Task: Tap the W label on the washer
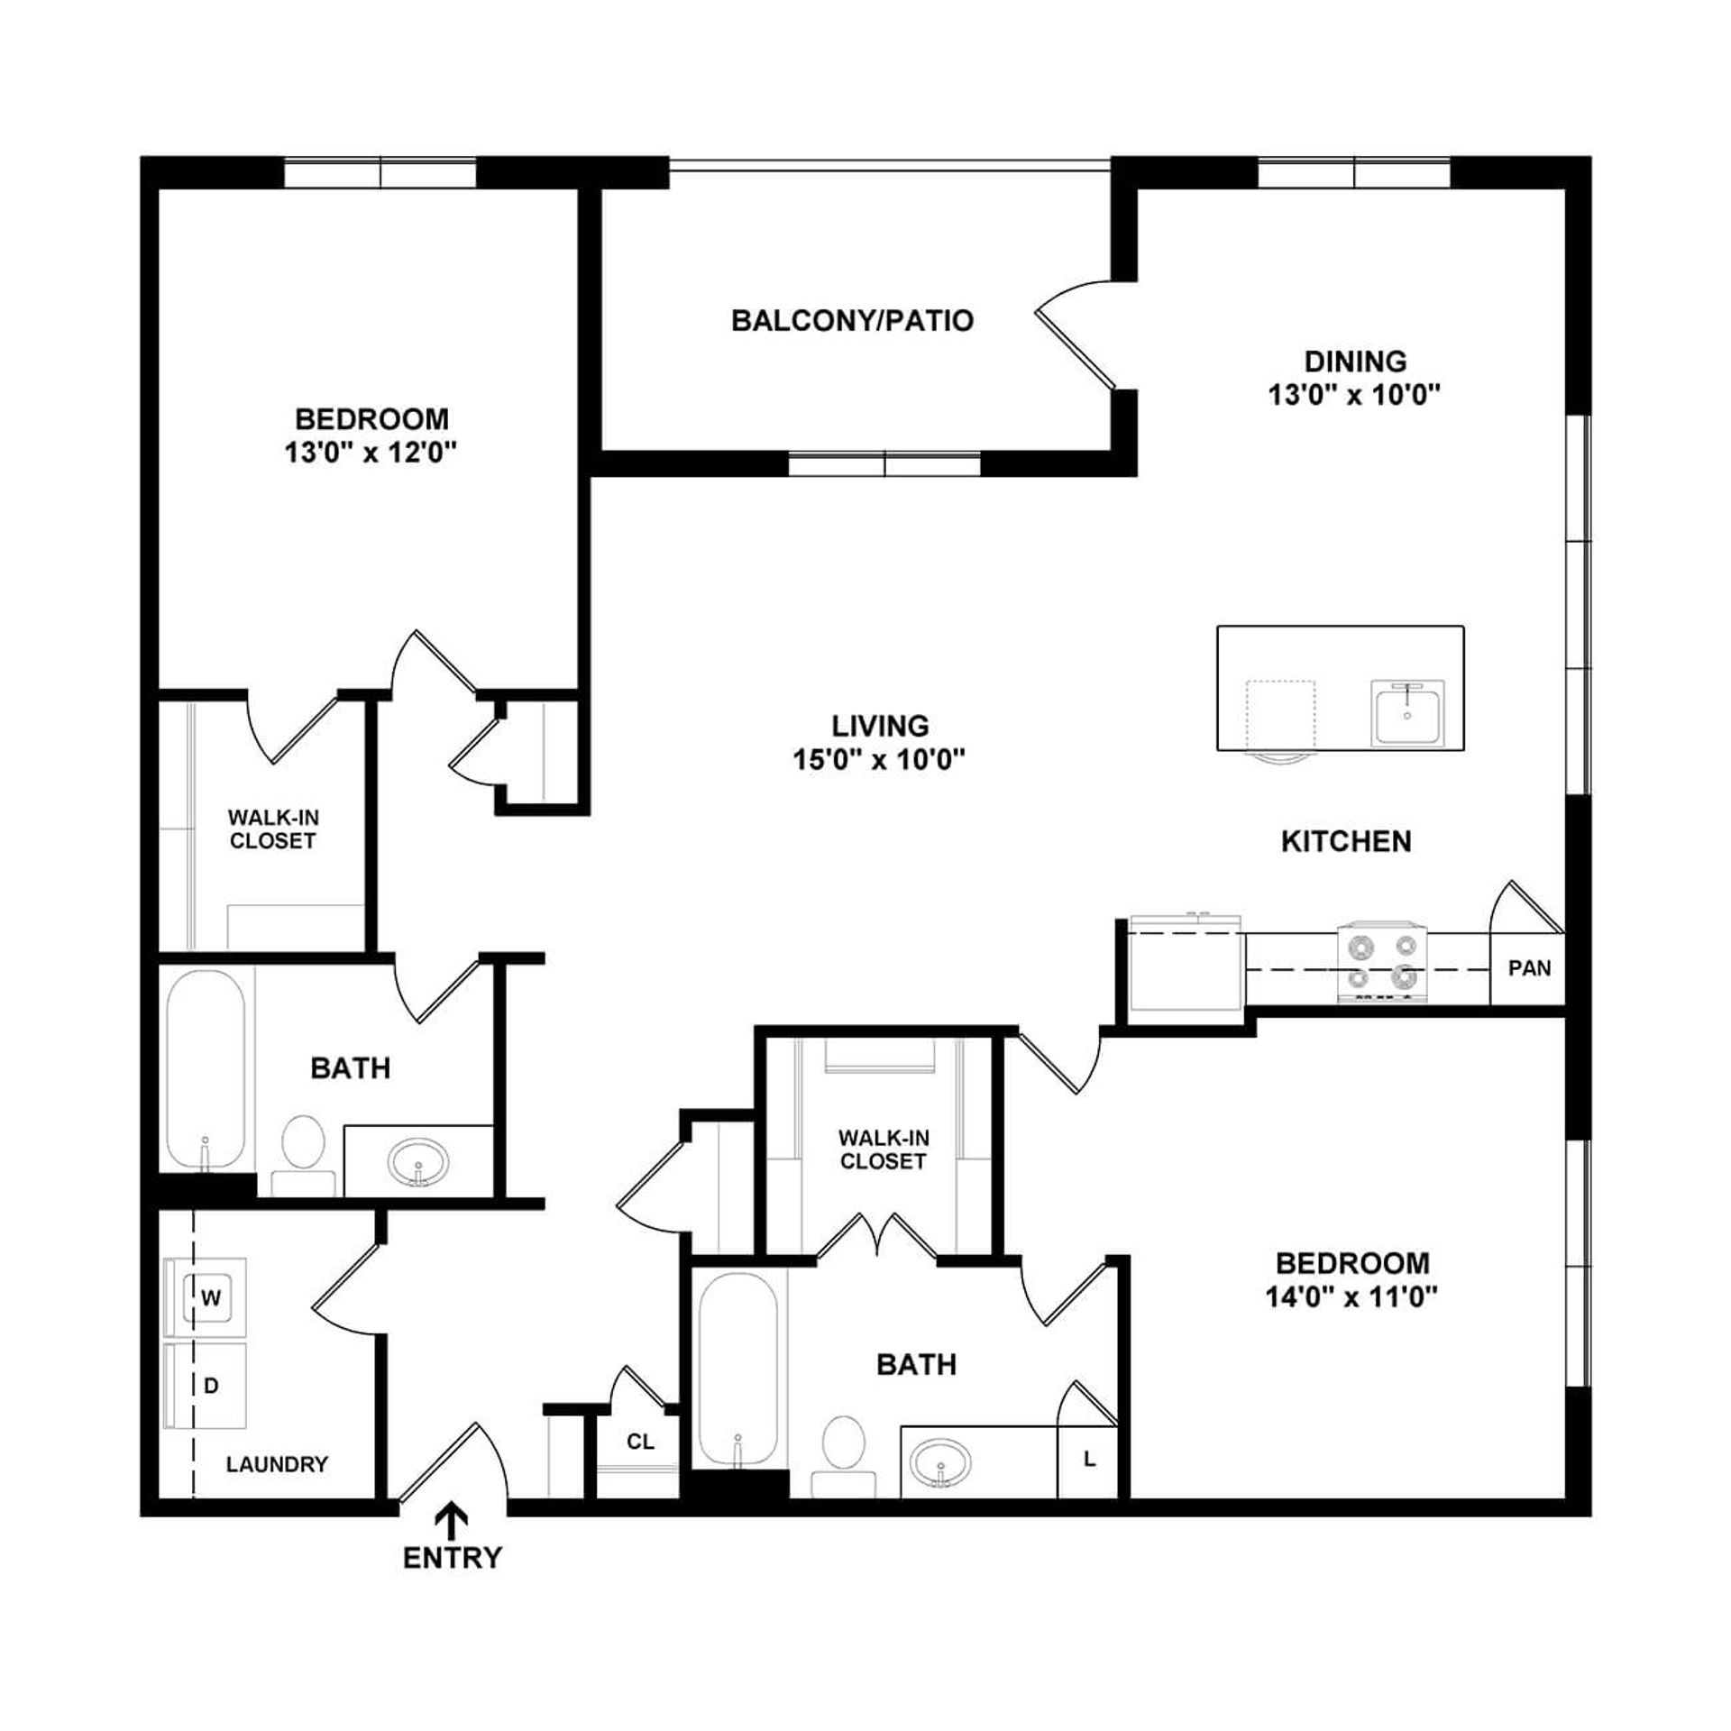pos(210,1298)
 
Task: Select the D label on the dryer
pos(211,1385)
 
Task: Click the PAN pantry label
pos(1530,968)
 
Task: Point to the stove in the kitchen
pos(1382,962)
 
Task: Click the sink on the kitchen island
pos(1407,713)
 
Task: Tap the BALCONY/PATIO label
pos(852,321)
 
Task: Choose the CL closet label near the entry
pos(640,1442)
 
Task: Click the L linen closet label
pos(1089,1459)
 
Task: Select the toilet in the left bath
pos(303,1155)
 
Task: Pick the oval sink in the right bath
pos(940,1461)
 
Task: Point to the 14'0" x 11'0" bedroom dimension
pos(1351,1296)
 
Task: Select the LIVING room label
pos(880,726)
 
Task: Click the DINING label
pos(1355,362)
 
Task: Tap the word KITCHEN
pos(1346,841)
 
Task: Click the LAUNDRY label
pos(277,1464)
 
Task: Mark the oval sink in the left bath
pos(418,1162)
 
